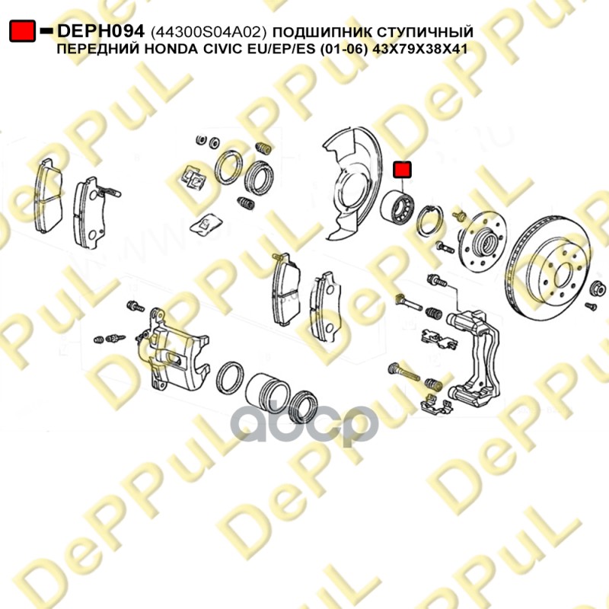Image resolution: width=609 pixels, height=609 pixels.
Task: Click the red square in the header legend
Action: click(x=23, y=31)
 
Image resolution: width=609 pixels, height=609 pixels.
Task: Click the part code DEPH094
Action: click(x=100, y=31)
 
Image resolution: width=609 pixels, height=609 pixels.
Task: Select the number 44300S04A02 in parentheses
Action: click(x=208, y=32)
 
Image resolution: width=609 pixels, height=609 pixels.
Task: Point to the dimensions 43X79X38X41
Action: click(x=419, y=49)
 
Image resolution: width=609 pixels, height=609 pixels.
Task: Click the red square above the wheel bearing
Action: click(x=402, y=169)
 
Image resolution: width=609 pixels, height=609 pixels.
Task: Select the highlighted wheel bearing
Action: click(x=397, y=207)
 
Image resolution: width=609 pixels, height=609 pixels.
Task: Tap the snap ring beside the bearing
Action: click(x=429, y=221)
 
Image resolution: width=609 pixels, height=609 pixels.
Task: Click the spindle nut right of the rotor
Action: click(x=598, y=289)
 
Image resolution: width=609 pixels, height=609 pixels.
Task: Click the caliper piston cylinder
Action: click(x=267, y=390)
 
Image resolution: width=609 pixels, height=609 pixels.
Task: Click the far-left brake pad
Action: click(x=49, y=196)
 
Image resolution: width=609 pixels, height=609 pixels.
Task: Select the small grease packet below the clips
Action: click(x=206, y=225)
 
